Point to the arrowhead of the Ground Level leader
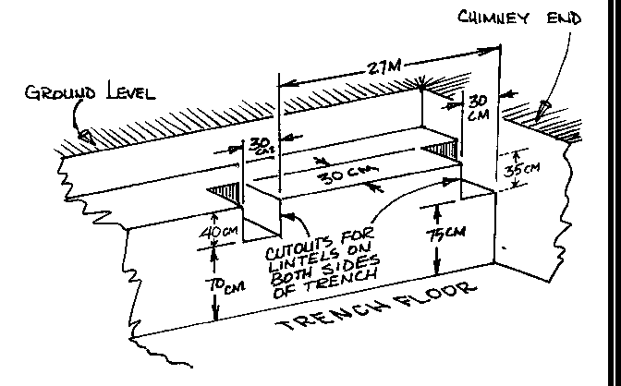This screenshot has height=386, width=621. coord(85,134)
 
